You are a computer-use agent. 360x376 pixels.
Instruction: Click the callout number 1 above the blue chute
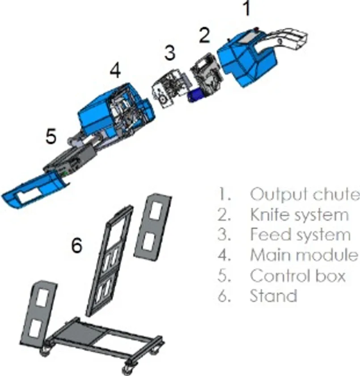pos(247,9)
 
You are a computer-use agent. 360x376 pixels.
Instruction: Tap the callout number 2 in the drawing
pos(205,35)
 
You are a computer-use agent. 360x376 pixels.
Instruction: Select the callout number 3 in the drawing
pos(170,53)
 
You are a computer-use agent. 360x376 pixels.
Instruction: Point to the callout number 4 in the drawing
pos(115,71)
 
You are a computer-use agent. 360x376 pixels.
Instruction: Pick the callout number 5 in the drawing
pos(51,136)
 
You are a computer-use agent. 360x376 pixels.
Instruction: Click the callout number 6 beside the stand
pos(76,245)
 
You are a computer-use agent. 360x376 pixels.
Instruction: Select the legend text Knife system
pos(299,214)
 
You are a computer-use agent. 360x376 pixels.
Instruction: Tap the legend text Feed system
pos(301,234)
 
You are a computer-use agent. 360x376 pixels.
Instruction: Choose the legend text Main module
pos(304,254)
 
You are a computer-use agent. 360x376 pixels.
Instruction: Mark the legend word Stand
pos(273,295)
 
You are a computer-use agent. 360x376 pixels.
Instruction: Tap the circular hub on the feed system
pos(163,99)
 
